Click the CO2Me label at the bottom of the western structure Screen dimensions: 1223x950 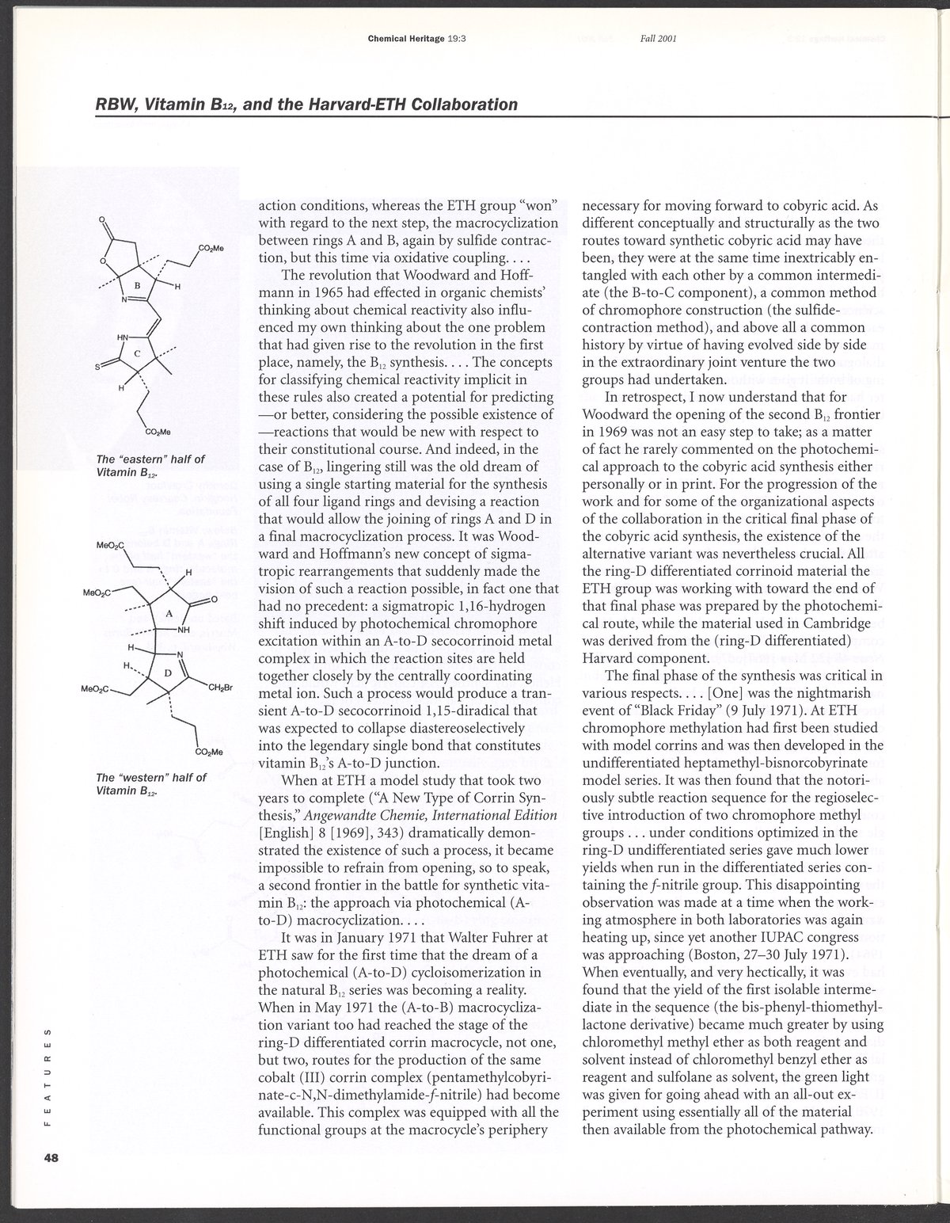pyautogui.click(x=207, y=751)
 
